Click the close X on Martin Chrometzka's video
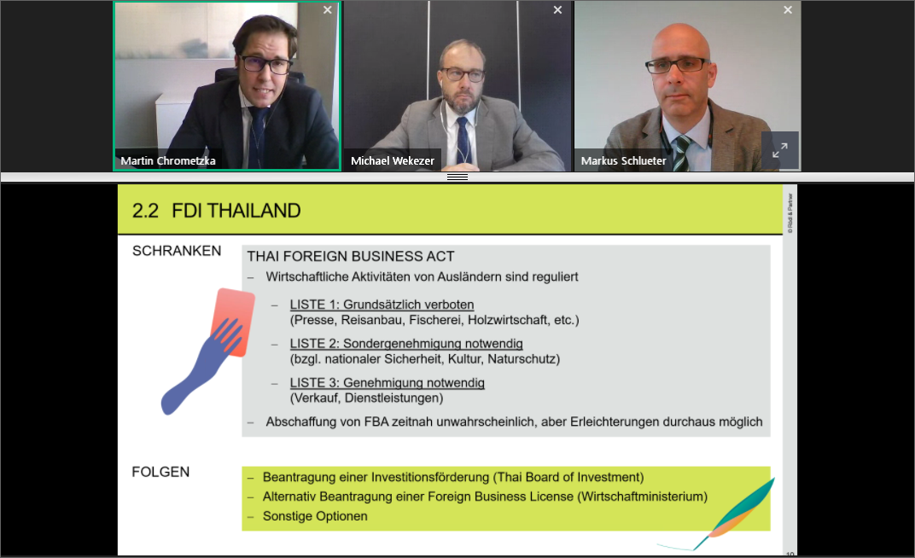(328, 10)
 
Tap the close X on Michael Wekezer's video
(557, 10)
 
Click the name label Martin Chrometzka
(168, 161)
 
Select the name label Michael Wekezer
(392, 161)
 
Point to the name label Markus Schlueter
(623, 161)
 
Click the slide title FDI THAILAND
(236, 211)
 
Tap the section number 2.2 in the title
(145, 211)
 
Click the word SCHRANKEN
(177, 251)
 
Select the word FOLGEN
(160, 472)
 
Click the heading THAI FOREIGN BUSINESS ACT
(351, 257)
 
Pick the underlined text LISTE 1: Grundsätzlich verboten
(382, 305)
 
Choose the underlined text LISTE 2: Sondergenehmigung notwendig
(406, 344)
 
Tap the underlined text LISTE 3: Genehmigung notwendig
(387, 382)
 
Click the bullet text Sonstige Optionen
(315, 516)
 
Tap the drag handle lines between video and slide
(457, 177)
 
